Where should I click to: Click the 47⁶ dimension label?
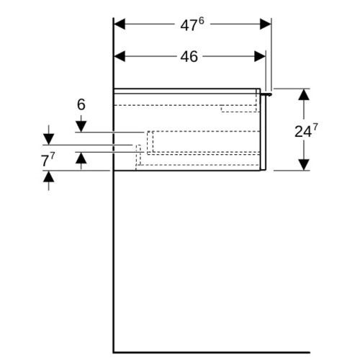point(192,24)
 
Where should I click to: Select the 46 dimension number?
point(189,57)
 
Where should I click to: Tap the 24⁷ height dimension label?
point(306,131)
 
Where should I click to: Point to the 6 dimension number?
point(81,104)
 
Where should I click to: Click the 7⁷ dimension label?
point(48,160)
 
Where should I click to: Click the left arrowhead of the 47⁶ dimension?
point(120,24)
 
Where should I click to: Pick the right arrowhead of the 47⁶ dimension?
point(266,24)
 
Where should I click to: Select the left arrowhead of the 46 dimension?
point(120,56)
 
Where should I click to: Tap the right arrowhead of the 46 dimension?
point(260,56)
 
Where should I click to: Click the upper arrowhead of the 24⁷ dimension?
point(304,94)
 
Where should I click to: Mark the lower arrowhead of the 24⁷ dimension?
point(304,165)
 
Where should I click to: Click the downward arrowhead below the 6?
point(81,127)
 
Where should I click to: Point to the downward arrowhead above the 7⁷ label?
point(49,140)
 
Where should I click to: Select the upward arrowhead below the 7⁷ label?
point(49,176)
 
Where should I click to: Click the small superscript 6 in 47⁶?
point(201,21)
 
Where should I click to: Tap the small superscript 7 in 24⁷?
point(315,127)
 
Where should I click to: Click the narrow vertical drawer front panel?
point(264,132)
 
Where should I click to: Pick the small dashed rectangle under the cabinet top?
point(239,109)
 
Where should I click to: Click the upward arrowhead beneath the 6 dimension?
point(81,158)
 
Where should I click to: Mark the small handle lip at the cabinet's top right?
point(266,94)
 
